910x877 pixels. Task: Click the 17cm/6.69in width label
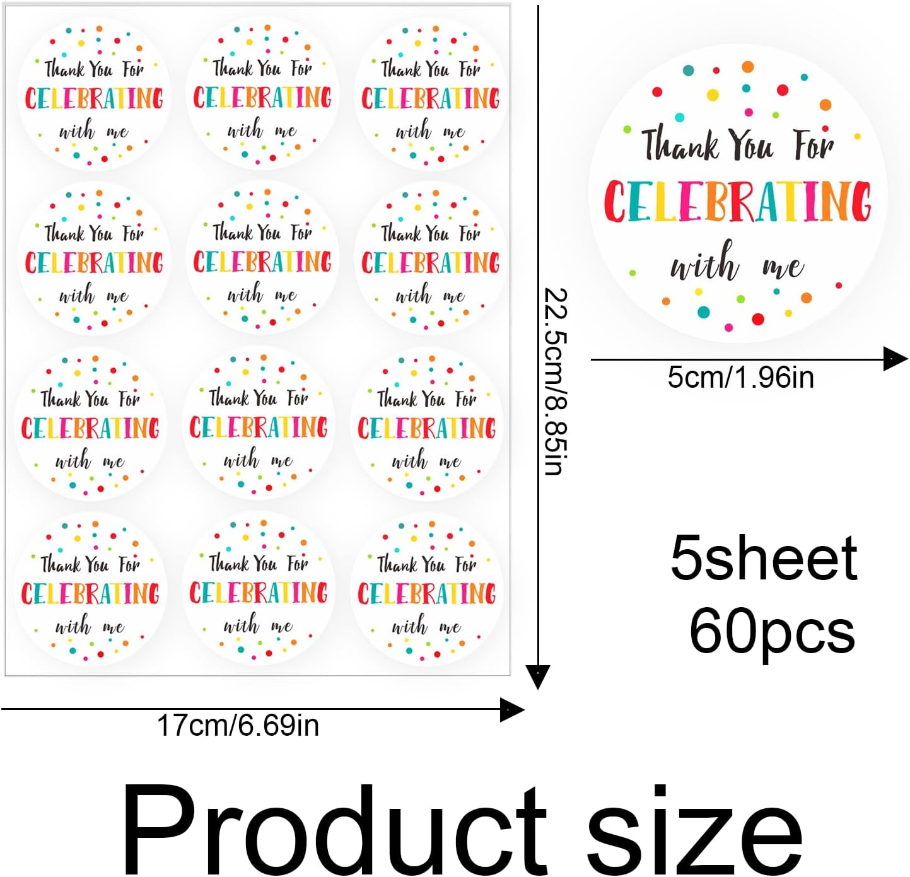click(238, 726)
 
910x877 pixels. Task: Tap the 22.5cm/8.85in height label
click(556, 381)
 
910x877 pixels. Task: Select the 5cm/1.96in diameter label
click(740, 378)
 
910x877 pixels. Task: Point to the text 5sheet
click(763, 558)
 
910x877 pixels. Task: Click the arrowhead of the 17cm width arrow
click(513, 710)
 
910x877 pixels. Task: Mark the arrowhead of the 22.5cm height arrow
click(538, 678)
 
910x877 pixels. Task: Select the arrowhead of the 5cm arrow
click(896, 359)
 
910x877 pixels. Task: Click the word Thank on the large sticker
click(680, 144)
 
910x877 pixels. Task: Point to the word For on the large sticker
click(814, 144)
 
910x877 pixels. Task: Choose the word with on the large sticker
click(704, 262)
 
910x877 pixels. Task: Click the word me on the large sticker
click(783, 267)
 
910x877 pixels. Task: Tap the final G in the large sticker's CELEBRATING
click(858, 202)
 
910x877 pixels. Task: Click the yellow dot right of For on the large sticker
click(857, 136)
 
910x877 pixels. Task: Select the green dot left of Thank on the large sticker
click(627, 129)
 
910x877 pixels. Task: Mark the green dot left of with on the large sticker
click(633, 273)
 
